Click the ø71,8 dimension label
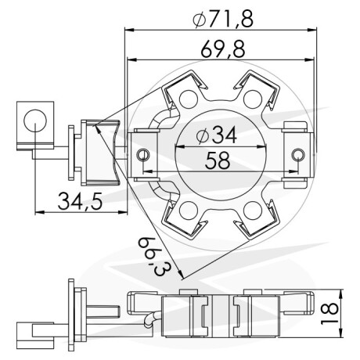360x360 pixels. [223, 19]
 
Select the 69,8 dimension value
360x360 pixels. [223, 49]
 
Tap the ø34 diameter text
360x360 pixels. [217, 135]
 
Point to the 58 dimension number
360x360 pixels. [218, 160]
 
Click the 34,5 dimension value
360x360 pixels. [80, 201]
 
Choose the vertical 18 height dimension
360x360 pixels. [329, 313]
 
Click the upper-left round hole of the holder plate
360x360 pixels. [189, 99]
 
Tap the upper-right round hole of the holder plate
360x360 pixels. [253, 99]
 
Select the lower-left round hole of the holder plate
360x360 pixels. [189, 211]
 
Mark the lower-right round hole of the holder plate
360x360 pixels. [253, 211]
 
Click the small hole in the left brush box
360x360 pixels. [143, 155]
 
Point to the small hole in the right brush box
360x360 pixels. [298, 155]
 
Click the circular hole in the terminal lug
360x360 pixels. [35, 121]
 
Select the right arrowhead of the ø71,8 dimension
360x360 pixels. [312, 30]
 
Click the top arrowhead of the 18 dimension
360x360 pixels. [340, 293]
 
